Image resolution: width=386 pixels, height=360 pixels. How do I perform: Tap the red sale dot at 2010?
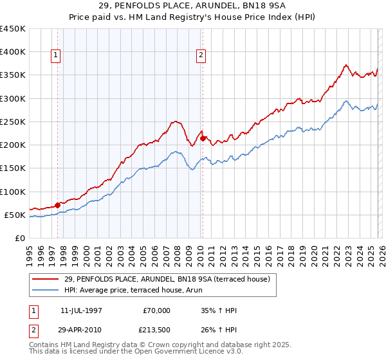pyautogui.click(x=203, y=138)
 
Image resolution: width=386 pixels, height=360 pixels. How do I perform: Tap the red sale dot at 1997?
pyautogui.click(x=57, y=205)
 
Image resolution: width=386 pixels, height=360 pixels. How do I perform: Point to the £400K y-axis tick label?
pyautogui.click(x=13, y=52)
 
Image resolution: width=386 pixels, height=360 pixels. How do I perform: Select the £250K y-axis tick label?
pyautogui.click(x=13, y=122)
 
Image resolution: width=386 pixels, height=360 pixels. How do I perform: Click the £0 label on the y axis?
pyautogui.click(x=21, y=238)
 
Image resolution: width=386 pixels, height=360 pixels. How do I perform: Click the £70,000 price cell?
pyautogui.click(x=156, y=310)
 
